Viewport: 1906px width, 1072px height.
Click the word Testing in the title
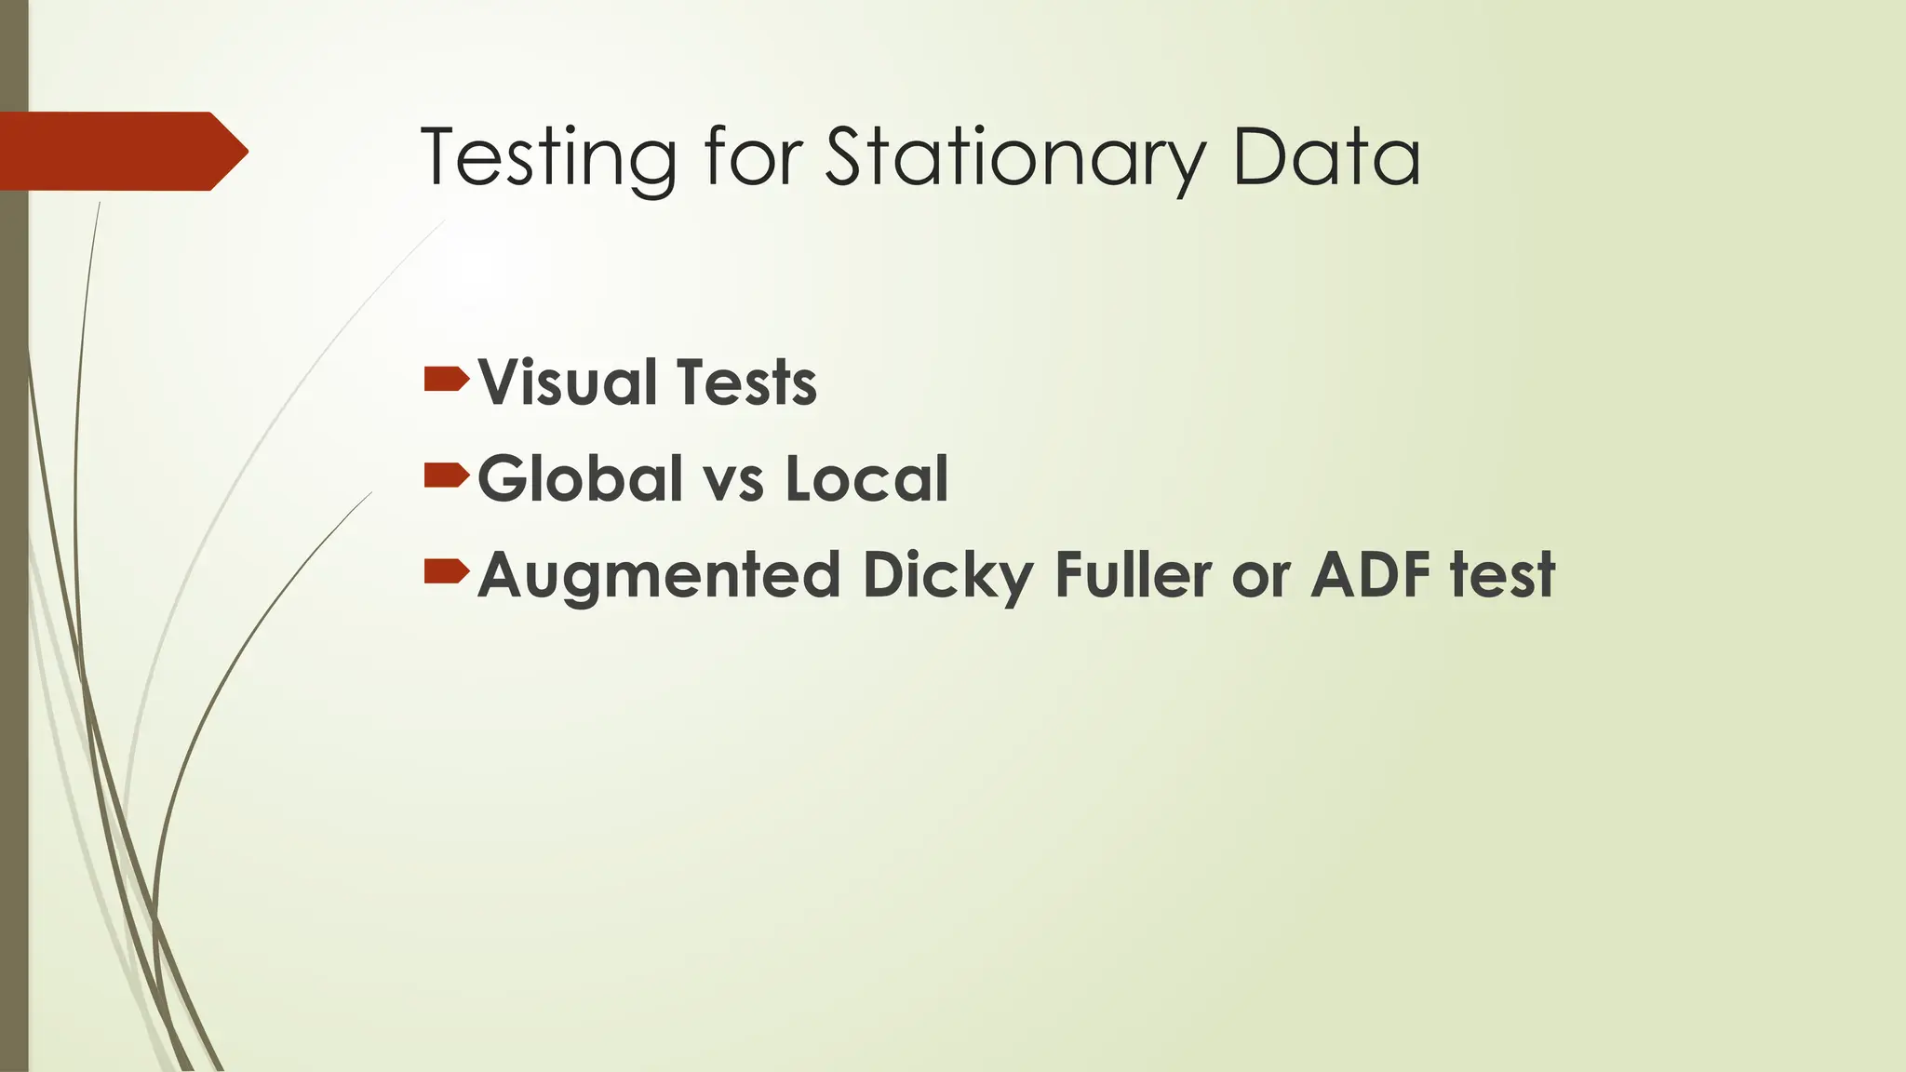click(548, 157)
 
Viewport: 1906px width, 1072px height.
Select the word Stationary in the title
click(1015, 158)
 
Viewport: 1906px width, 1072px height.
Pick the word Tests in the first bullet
click(746, 382)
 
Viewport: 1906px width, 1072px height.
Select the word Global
click(581, 478)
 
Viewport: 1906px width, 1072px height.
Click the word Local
click(866, 478)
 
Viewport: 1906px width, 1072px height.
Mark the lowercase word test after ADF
click(1503, 574)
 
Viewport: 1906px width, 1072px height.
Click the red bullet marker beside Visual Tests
click(446, 380)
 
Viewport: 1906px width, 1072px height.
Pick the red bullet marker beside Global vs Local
click(446, 476)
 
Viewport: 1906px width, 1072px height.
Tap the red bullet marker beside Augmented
click(446, 572)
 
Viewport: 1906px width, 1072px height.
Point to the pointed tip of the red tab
click(245, 151)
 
